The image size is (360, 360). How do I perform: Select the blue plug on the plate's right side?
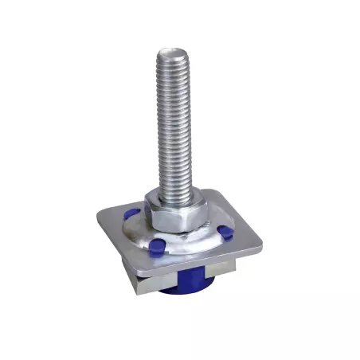coord(225,233)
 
